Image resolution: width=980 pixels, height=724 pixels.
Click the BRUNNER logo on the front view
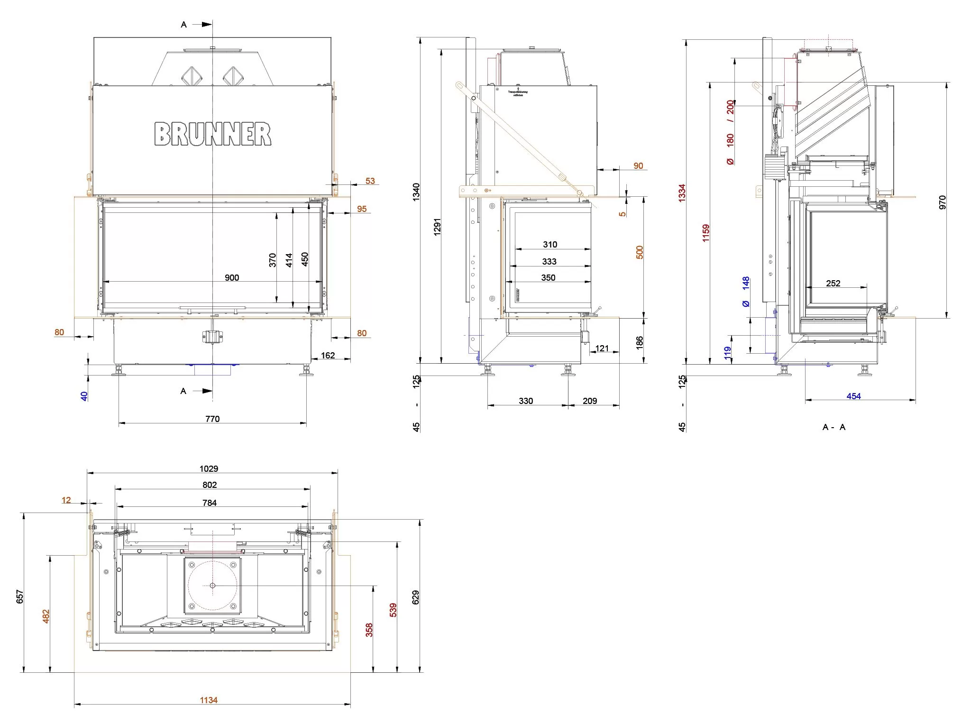212,134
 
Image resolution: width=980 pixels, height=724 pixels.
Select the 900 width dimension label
232,277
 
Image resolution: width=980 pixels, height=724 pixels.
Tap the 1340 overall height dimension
416,192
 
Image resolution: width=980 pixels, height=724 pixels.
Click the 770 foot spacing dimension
212,419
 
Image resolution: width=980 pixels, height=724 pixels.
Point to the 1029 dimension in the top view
209,468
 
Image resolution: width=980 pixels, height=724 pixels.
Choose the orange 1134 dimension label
209,700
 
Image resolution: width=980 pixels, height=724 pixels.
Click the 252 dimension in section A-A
833,283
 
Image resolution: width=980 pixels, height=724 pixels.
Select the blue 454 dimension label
853,396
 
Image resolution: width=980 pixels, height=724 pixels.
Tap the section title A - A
834,427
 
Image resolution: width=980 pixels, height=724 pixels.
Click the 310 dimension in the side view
550,244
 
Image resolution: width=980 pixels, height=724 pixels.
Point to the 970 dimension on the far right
942,202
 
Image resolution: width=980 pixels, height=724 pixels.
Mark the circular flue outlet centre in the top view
212,586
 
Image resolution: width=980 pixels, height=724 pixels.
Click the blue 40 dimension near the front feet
84,396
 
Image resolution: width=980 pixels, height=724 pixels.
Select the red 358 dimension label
369,630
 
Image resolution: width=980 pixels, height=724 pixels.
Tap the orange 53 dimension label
370,181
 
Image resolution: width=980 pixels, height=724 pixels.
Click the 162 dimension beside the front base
328,355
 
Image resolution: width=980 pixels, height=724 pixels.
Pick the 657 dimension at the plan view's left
20,596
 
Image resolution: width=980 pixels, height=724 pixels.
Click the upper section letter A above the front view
184,25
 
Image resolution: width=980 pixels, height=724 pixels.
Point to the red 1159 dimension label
706,233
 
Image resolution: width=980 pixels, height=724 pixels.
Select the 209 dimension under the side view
590,401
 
